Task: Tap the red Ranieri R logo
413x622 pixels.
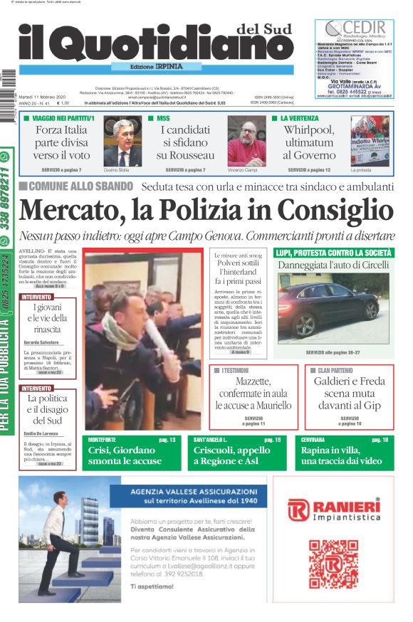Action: [x=296, y=510]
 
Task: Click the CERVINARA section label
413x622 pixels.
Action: [x=313, y=440]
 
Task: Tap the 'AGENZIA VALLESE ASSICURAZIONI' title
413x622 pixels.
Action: [x=194, y=491]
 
